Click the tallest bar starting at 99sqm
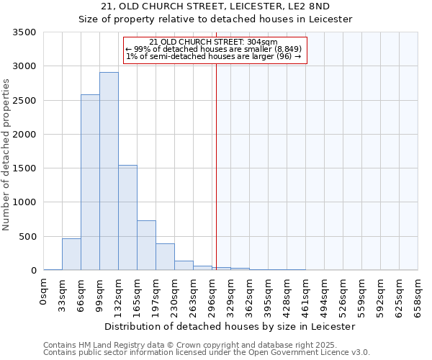coord(109,171)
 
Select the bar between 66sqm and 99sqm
coord(90,182)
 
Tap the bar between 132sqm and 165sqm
coord(127,217)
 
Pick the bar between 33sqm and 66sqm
coord(71,254)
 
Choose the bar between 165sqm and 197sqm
coord(146,245)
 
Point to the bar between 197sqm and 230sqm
coord(165,257)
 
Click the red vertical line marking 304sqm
coord(216,158)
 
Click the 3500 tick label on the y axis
coord(24,32)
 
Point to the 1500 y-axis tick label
coord(24,168)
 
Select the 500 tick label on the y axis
coord(27,237)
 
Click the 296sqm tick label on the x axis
coord(212,294)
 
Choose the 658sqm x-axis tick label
coord(418,294)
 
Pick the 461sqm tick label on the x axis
coord(306,294)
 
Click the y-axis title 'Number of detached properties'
coord(6,152)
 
